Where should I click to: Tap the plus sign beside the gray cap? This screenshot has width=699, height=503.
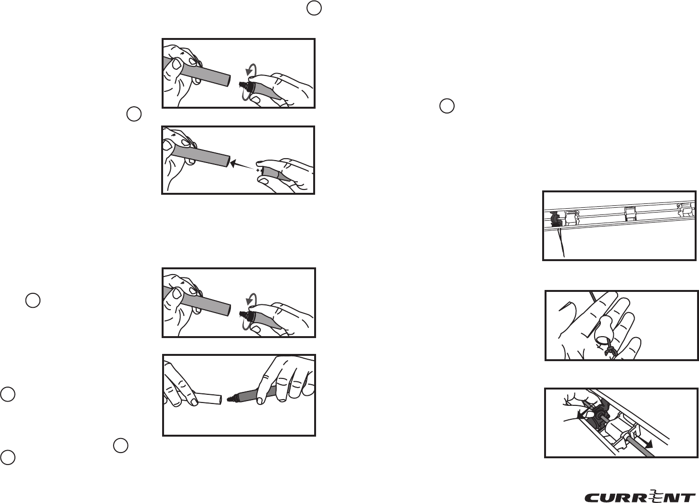(258, 170)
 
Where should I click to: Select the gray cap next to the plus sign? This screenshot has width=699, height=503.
(273, 174)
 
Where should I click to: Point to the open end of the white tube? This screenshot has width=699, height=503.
(220, 400)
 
